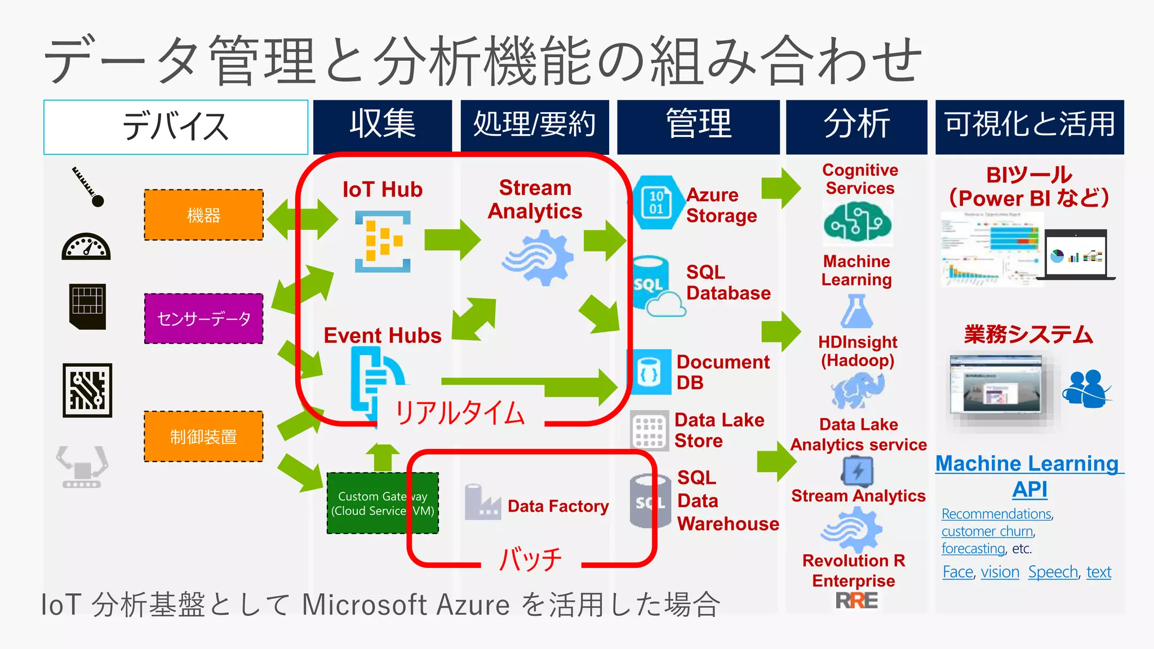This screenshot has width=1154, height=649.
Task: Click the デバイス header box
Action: (x=176, y=127)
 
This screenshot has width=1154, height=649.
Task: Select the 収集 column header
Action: (x=383, y=126)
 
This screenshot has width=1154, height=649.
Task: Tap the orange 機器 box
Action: (x=203, y=215)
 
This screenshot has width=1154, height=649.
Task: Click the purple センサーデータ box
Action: (x=203, y=319)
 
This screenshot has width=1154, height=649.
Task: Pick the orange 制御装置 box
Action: (x=203, y=437)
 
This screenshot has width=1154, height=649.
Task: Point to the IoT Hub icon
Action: (x=383, y=242)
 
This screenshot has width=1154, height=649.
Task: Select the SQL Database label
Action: (x=728, y=283)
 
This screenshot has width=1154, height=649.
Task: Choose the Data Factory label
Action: (x=558, y=506)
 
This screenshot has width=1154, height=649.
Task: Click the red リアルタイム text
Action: (x=460, y=413)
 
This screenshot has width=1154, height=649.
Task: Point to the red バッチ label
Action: (x=530, y=559)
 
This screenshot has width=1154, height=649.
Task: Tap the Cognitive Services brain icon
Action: (x=857, y=223)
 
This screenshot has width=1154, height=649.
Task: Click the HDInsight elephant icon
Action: (x=857, y=390)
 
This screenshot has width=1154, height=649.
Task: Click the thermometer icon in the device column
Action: (x=88, y=186)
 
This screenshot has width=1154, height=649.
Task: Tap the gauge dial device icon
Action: (x=86, y=247)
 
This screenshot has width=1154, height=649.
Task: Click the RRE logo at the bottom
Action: (x=856, y=601)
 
